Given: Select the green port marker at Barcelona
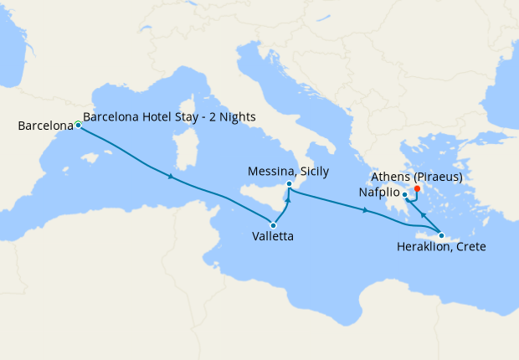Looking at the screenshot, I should pos(78,125).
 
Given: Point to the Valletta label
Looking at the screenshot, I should pos(273,237).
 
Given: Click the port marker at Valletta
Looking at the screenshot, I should pos(274,224).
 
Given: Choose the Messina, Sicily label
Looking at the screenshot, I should pos(289,172).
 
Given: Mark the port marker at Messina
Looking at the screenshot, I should pos(288,184).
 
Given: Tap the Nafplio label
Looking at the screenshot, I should pos(377,192).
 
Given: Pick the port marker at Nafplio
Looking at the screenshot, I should pos(405,196).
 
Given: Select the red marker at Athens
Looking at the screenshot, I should pos(417,188).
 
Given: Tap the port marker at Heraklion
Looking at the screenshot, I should pos(441,235).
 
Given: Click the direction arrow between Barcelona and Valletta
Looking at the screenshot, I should pos(171,177).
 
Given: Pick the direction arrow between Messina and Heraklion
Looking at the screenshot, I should pos(367,210).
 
